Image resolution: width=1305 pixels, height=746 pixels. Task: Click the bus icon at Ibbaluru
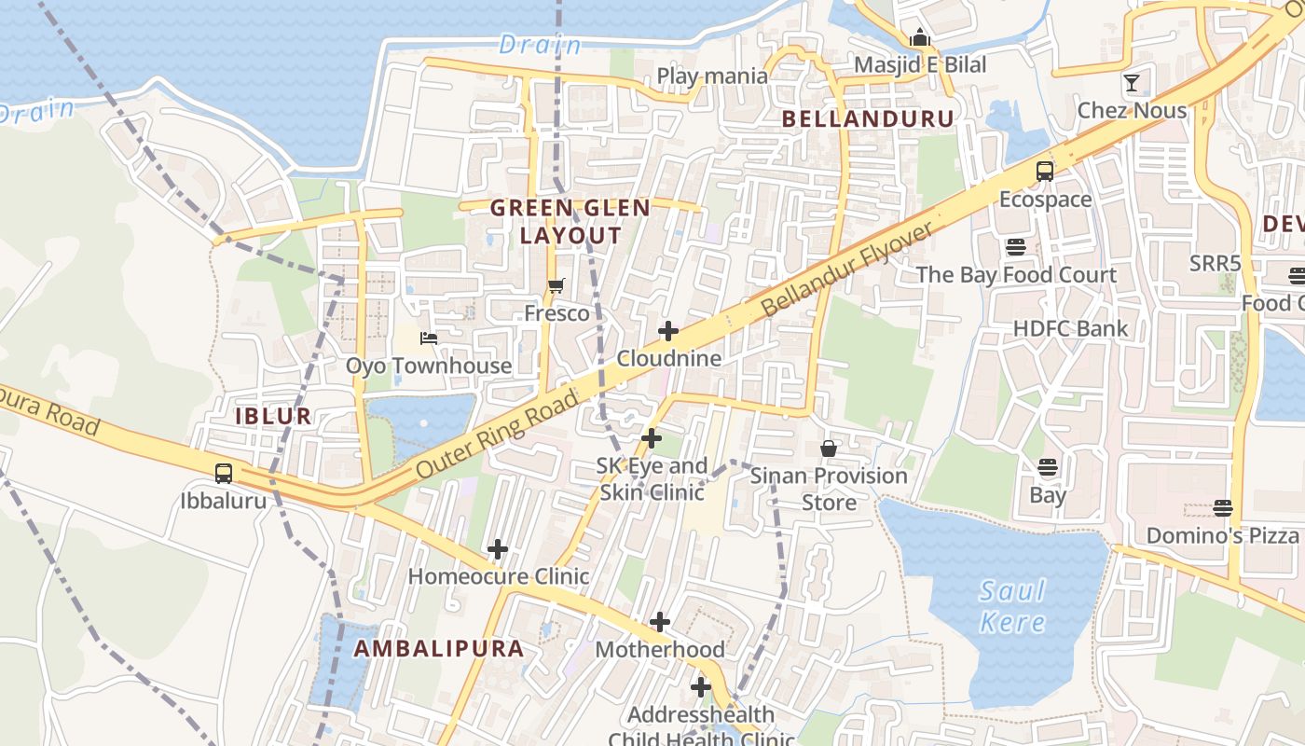(x=224, y=473)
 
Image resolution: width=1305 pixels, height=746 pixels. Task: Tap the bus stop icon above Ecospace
(x=1045, y=172)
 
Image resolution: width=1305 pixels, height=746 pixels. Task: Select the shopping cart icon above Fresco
(x=556, y=286)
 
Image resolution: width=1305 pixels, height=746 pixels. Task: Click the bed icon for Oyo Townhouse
(x=429, y=338)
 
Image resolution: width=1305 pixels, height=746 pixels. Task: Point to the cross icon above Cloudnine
(x=668, y=331)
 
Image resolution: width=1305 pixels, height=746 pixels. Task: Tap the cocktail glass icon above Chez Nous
(x=1132, y=83)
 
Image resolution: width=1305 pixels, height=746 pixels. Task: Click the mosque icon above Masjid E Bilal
(x=920, y=37)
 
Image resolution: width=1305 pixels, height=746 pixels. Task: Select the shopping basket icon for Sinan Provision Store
(x=829, y=449)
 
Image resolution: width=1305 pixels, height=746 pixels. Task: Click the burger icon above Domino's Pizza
(x=1223, y=508)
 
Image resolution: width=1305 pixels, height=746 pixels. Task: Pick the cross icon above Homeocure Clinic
(x=498, y=549)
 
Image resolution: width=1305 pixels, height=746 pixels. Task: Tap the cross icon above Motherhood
(x=660, y=622)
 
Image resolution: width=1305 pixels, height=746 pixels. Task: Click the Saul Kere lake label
(x=1012, y=606)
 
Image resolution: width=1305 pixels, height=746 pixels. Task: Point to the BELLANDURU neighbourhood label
(x=868, y=118)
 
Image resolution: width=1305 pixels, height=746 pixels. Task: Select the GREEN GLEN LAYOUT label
(x=570, y=222)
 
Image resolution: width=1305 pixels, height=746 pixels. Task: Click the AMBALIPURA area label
(x=438, y=649)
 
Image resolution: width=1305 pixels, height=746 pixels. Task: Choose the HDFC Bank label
(x=1070, y=328)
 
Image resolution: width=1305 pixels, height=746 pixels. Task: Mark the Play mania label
(x=712, y=76)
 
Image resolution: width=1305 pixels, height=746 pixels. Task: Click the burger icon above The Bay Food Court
(x=1015, y=247)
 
